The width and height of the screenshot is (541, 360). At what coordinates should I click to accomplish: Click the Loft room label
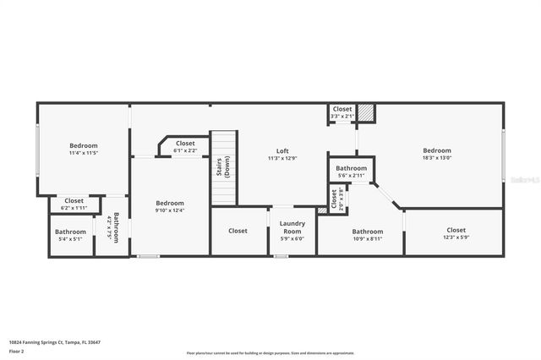282,150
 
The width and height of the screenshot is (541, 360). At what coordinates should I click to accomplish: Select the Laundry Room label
292,227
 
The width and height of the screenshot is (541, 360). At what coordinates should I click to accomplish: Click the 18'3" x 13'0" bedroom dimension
437,158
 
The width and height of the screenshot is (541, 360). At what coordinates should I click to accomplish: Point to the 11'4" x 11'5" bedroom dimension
83,153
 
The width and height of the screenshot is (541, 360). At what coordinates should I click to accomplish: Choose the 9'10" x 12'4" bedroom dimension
169,210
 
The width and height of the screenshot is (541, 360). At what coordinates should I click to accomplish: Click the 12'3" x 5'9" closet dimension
456,237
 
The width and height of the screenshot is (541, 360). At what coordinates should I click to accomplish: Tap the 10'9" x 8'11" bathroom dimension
367,239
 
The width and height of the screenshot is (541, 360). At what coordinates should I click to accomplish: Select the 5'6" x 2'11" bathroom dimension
351,176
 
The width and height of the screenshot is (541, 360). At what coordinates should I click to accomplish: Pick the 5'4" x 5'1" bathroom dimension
70,239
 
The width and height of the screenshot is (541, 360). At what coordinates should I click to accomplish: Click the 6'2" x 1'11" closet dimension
74,208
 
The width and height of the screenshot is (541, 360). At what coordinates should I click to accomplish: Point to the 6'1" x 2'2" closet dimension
185,150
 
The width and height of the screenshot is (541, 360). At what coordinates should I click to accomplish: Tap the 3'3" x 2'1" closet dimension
342,116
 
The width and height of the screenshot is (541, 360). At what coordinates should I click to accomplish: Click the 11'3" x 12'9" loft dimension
282,158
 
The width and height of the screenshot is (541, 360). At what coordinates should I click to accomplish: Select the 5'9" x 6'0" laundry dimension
292,238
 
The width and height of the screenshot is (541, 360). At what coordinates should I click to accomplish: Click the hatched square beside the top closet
365,112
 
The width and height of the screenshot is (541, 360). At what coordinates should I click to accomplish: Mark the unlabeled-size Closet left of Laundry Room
238,231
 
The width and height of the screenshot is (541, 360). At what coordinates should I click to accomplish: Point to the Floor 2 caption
16,350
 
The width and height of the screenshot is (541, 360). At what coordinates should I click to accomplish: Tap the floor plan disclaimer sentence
270,352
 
